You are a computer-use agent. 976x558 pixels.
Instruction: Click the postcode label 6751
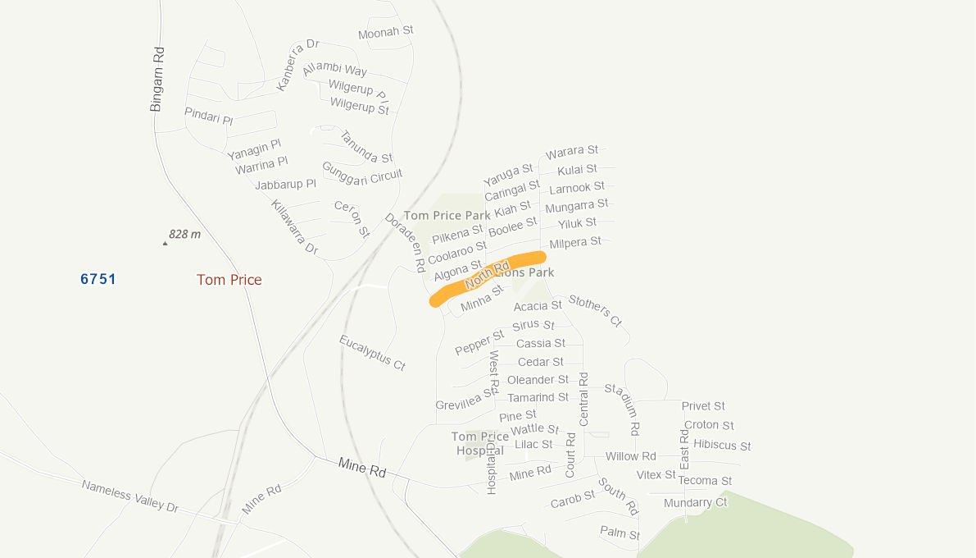coord(98,279)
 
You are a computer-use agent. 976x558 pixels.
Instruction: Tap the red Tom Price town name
coord(229,280)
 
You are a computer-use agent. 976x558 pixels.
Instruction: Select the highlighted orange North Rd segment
coord(488,277)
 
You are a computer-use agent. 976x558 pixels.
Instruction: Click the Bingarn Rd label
coord(157,78)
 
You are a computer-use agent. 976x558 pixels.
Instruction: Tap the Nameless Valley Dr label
coord(129,496)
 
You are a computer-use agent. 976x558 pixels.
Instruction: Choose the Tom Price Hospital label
coord(480,443)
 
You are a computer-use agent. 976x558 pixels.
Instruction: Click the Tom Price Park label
coord(447,215)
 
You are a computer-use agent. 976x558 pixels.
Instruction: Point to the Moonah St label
coord(386,32)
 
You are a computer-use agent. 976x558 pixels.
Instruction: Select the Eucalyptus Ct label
coord(373,353)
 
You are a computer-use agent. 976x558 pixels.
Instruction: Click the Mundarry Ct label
coord(695,502)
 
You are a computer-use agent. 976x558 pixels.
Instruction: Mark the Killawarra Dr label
coord(294,226)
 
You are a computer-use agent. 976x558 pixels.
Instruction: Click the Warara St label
coord(572,151)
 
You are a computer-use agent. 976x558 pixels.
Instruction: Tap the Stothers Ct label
coord(596,310)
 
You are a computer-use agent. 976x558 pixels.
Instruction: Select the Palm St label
coord(620,533)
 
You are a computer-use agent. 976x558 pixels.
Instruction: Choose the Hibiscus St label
coord(722,445)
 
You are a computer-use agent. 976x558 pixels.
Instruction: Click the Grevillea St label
coord(465,400)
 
